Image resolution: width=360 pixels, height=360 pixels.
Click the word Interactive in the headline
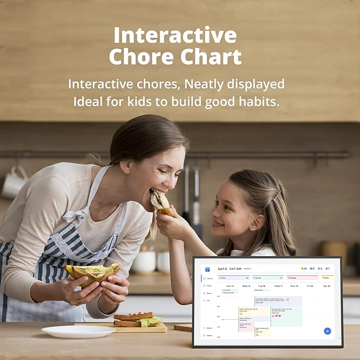coord(175,36)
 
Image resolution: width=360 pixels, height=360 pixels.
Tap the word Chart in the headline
coord(210,57)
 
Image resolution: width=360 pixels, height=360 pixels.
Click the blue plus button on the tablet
coord(327,331)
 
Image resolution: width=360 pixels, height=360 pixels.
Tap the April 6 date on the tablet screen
coord(222,269)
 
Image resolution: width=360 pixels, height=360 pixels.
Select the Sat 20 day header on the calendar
coord(326,286)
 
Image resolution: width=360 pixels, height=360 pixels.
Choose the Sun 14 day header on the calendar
coord(230,286)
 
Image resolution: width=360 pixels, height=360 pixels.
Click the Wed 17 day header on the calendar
coord(278,286)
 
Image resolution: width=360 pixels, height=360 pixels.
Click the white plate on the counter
coord(78,331)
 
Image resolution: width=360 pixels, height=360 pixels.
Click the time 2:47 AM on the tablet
coord(235,269)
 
